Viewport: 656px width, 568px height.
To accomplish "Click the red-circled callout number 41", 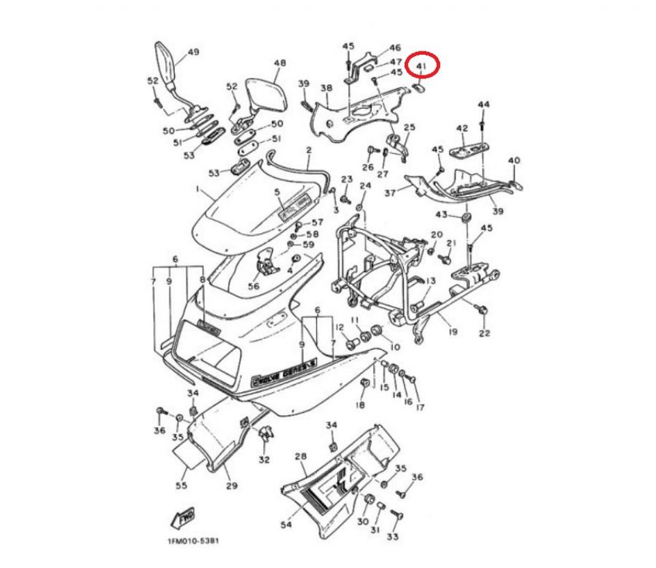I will [x=421, y=67].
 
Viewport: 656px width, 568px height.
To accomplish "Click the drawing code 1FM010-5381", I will [x=193, y=541].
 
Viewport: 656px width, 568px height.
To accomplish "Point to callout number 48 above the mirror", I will [x=279, y=63].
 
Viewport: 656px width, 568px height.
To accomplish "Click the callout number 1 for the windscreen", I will [x=198, y=189].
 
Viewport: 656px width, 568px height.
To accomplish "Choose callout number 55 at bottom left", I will [x=181, y=485].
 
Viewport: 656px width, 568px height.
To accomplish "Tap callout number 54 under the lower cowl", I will [x=286, y=524].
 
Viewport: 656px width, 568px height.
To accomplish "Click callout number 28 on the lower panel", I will [x=301, y=456].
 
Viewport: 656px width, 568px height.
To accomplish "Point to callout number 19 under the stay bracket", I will [x=452, y=332].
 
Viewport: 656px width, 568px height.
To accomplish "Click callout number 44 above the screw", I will [x=484, y=105].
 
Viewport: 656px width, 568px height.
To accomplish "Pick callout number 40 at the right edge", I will [x=514, y=161].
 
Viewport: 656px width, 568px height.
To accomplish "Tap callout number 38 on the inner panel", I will [x=326, y=88].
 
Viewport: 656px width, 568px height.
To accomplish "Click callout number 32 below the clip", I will [x=264, y=459].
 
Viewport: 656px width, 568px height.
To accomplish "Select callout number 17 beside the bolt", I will [x=419, y=407].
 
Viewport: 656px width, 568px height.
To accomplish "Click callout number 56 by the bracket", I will [x=254, y=286].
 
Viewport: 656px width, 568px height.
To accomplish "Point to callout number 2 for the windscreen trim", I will [x=308, y=150].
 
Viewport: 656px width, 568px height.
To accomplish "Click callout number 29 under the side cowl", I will [x=231, y=485].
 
